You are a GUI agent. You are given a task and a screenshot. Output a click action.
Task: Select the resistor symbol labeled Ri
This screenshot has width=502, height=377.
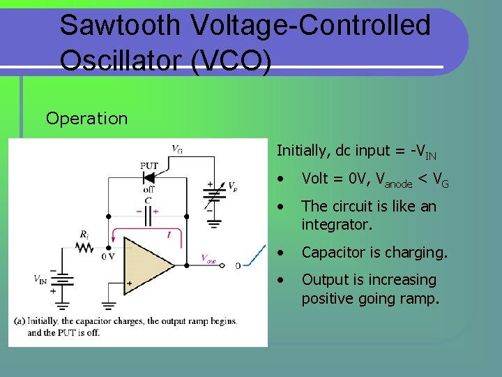(85, 248)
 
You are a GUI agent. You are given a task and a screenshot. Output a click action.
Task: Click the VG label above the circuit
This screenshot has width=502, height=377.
(177, 149)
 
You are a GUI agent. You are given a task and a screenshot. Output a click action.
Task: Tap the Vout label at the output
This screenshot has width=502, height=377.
(208, 259)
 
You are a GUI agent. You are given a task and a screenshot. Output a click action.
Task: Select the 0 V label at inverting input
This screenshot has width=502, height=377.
(107, 256)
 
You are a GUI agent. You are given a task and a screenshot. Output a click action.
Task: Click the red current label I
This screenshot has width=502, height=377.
(169, 236)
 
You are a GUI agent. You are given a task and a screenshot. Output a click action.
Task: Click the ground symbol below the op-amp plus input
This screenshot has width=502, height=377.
(109, 305)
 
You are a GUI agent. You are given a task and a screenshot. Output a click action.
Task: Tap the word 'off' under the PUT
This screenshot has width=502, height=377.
(149, 189)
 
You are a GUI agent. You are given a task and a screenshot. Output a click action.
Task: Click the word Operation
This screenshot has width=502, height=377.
(86, 118)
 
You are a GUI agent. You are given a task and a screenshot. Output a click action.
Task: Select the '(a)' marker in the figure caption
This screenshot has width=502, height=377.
(21, 321)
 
